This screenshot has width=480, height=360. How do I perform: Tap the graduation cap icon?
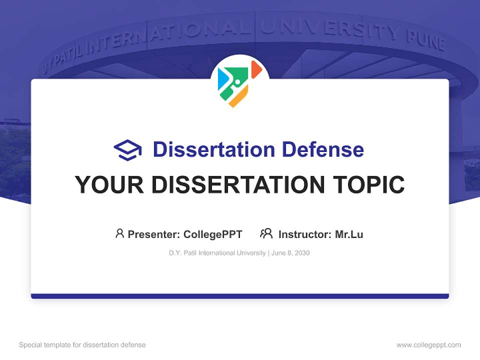click(127, 150)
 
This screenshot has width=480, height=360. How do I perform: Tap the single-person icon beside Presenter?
click(119, 233)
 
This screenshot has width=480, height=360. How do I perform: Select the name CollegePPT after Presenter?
click(213, 234)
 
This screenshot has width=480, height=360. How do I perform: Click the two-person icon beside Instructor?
click(266, 233)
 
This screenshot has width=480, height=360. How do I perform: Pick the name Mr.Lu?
click(349, 234)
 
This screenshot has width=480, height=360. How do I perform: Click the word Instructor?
click(305, 234)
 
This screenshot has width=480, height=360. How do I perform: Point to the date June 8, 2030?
click(291, 253)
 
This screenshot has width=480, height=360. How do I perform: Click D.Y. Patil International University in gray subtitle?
click(217, 253)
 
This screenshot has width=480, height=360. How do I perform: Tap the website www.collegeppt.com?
click(428, 345)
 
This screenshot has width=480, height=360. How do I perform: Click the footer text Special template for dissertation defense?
click(82, 345)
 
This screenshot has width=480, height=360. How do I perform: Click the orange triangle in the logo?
click(255, 69)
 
